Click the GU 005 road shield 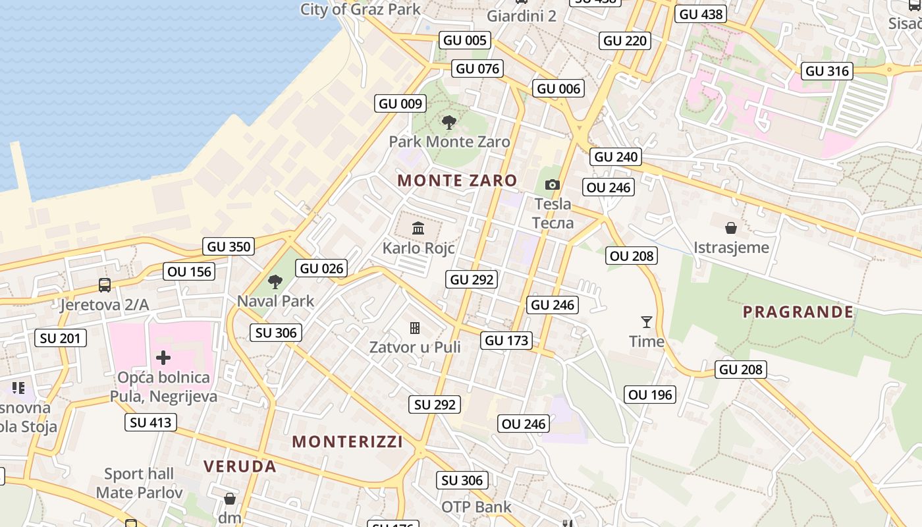pos(465,40)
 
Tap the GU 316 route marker pos(828,71)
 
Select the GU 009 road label pos(400,103)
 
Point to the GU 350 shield pos(229,247)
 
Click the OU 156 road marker pos(190,271)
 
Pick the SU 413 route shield pos(151,422)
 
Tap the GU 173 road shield pos(506,341)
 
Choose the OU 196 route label pos(651,395)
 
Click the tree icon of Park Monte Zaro pos(449,123)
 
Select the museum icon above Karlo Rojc pos(418,229)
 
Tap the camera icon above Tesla pos(553,185)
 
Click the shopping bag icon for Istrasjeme pos(731,229)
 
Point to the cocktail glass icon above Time pos(647,322)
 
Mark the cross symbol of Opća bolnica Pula pos(163,358)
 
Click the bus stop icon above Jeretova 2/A pos(105,285)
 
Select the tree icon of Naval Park pos(275,282)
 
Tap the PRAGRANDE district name pos(798,312)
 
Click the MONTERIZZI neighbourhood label pos(347,441)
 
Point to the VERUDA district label pos(240,466)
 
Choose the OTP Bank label pos(476,507)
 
